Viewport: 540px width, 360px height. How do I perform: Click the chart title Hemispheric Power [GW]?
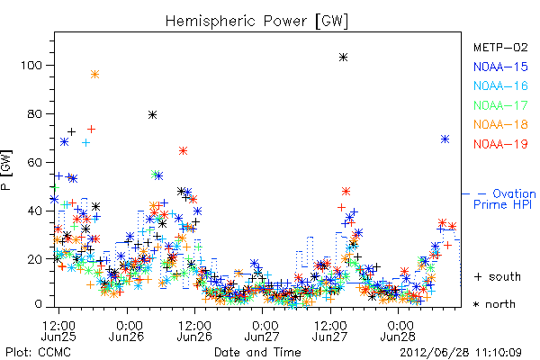pos(256,22)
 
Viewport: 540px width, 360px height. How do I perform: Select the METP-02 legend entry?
pos(500,47)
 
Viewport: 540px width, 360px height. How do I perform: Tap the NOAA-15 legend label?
pos(500,67)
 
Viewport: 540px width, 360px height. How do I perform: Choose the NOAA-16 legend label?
pos(500,85)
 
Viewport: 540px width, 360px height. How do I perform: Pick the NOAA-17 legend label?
pos(500,105)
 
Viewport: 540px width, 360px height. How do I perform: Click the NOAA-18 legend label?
pos(500,124)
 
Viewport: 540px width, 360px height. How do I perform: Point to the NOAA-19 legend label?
pos(500,144)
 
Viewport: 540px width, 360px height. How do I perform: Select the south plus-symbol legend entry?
pos(498,276)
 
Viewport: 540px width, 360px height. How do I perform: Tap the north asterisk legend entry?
pos(494,304)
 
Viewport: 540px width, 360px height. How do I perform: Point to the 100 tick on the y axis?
pos(31,65)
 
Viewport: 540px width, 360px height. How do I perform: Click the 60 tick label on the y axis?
pos(35,162)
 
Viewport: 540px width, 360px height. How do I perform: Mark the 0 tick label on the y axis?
pos(38,304)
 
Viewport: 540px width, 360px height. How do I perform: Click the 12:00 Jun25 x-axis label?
pos(58,330)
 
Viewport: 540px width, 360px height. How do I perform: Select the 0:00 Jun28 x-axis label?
pos(398,330)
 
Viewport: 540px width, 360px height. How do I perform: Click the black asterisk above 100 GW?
pos(343,58)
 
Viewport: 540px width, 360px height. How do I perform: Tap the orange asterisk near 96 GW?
pos(95,75)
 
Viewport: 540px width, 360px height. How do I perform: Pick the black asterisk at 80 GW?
pos(153,114)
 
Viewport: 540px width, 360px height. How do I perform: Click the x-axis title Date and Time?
pos(257,353)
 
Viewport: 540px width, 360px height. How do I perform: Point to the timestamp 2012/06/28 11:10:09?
pos(461,353)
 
